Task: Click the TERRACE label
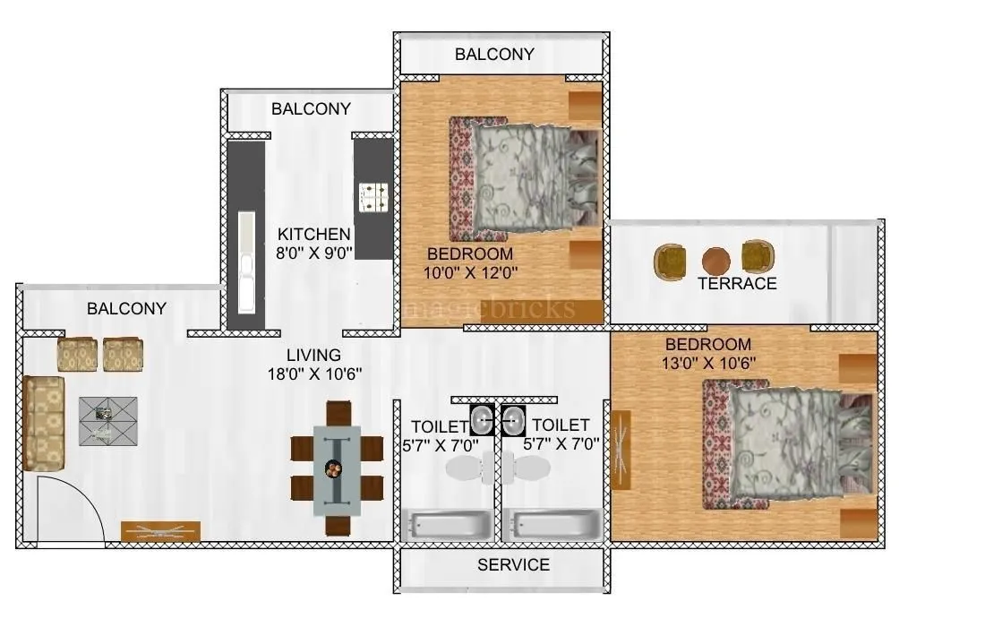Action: tap(737, 284)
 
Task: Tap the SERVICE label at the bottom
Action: tap(513, 565)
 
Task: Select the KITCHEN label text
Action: tap(313, 235)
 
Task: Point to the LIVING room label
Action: tap(313, 356)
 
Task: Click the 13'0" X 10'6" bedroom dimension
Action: tap(707, 363)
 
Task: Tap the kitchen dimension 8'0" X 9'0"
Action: tap(313, 253)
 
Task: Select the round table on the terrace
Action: tap(715, 261)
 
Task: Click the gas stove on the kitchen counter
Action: tap(372, 197)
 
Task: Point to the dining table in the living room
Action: tap(337, 468)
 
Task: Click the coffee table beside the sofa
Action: tap(107, 420)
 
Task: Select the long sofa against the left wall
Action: tap(44, 423)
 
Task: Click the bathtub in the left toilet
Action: tap(448, 524)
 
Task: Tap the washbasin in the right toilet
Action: tap(513, 418)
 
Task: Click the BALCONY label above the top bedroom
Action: tap(494, 55)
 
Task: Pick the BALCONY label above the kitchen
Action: tap(311, 109)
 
